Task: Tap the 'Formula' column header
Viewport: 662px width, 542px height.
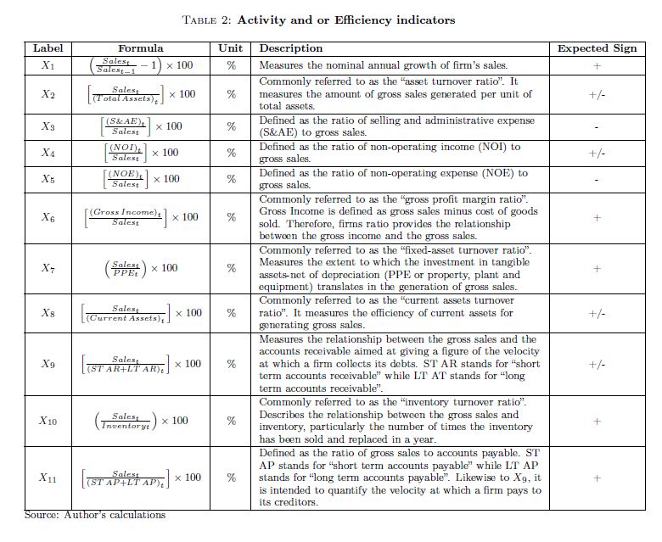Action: [140, 48]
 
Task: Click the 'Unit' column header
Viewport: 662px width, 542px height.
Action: [231, 48]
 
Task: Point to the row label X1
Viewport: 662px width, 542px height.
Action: [48, 65]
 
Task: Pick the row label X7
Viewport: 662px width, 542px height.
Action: [48, 268]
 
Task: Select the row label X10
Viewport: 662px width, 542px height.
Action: [48, 421]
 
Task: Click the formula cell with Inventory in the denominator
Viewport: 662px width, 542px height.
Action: [140, 421]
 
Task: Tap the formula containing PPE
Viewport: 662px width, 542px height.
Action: [140, 268]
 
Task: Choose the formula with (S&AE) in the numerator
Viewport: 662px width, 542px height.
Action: [140, 126]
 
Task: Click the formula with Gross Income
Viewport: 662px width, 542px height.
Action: [140, 217]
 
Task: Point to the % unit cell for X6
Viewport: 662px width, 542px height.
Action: [231, 217]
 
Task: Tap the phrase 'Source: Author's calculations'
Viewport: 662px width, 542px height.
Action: [95, 515]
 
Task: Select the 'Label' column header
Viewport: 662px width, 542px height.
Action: [48, 48]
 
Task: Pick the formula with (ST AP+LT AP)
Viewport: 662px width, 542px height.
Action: [140, 478]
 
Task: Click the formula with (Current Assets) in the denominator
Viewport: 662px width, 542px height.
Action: [140, 313]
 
